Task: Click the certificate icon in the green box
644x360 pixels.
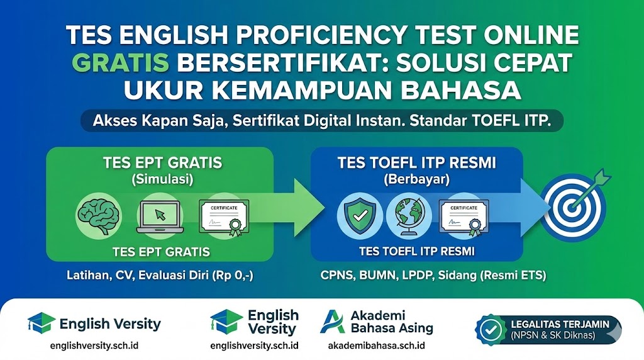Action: [224, 217]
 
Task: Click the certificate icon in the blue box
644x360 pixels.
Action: [464, 217]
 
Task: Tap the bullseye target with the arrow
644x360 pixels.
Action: [572, 208]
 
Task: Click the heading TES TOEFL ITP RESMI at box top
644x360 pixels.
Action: [417, 162]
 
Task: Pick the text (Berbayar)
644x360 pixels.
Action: [417, 179]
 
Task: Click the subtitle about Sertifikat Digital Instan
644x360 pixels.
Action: [322, 121]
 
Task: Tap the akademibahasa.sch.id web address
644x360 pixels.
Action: [376, 346]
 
